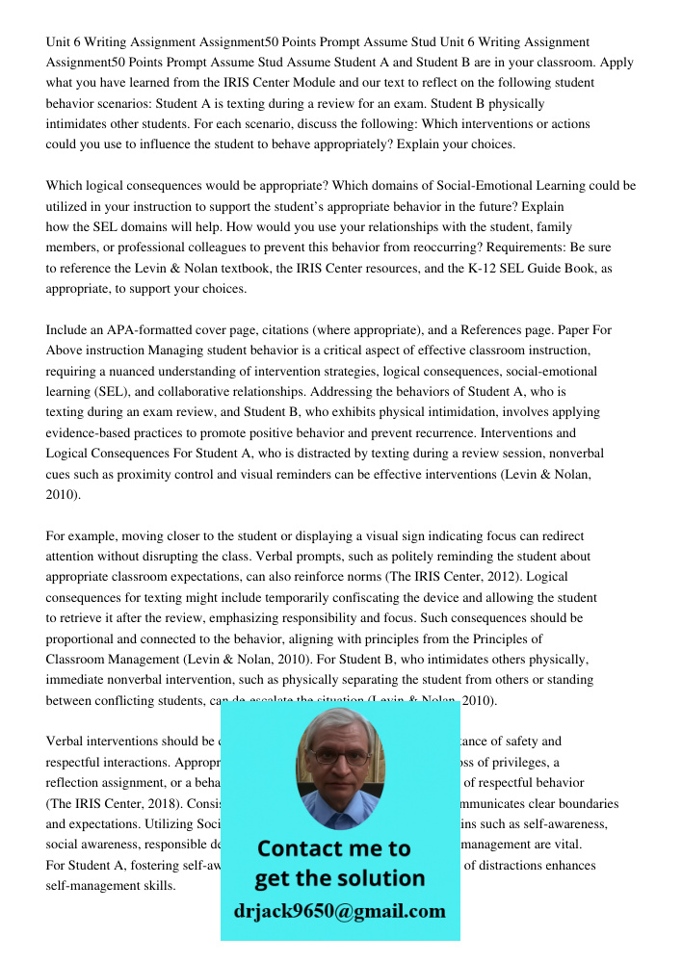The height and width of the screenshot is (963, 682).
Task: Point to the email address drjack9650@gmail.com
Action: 340,911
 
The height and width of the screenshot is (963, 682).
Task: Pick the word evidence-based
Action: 92,432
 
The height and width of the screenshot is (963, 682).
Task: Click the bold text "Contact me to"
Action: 333,848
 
